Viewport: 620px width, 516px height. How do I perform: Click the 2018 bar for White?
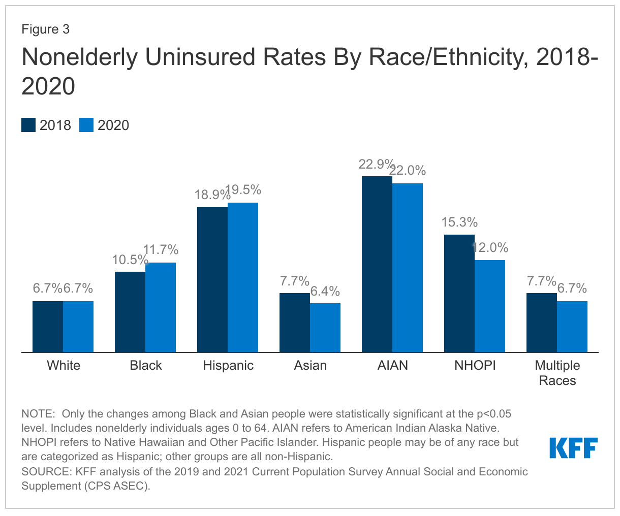(x=48, y=326)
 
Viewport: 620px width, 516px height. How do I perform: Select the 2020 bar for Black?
(x=161, y=307)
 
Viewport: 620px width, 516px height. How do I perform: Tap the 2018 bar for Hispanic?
(x=212, y=279)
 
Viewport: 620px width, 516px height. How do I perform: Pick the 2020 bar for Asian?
(x=325, y=327)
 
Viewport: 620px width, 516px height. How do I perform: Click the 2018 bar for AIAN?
(x=377, y=264)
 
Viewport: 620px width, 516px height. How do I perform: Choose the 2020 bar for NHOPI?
(x=490, y=306)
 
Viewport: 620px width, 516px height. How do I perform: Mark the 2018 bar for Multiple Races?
(x=542, y=322)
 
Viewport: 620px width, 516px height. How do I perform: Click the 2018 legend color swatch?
(x=28, y=125)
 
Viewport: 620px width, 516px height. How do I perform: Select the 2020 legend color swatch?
(x=86, y=125)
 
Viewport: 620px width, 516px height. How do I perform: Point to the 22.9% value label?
(x=376, y=165)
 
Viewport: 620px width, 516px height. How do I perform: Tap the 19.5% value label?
(x=243, y=190)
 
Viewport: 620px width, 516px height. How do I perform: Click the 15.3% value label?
(x=459, y=222)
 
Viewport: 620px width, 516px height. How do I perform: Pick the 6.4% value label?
(x=326, y=292)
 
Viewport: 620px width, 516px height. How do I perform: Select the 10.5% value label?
(x=130, y=260)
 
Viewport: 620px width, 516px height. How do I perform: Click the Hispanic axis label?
(x=228, y=366)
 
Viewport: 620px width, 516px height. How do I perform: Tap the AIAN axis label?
(x=393, y=366)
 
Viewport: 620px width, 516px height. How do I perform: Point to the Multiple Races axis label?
(x=557, y=373)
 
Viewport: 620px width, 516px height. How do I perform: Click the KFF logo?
(x=573, y=448)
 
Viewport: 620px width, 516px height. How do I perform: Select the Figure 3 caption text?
(x=45, y=29)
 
